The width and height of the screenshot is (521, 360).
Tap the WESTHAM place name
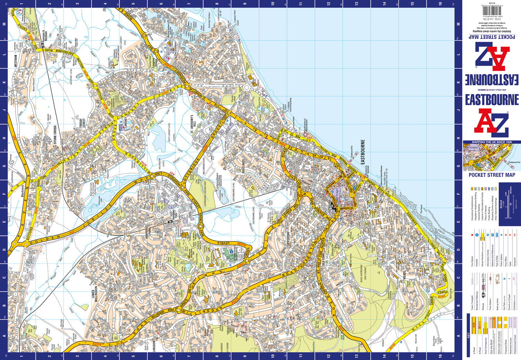[16, 60]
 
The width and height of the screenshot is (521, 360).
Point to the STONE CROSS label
[55, 135]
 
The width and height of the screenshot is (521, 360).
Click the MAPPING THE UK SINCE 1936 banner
[492, 142]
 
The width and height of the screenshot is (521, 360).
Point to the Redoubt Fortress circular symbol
[305, 134]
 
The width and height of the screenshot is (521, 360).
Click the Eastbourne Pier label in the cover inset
[514, 162]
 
